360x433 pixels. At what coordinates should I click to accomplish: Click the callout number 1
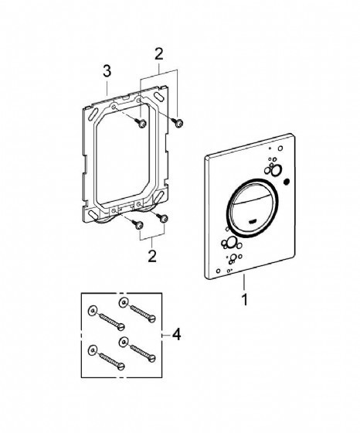pyautogui.click(x=244, y=299)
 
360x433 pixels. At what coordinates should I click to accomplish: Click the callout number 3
pyautogui.click(x=107, y=71)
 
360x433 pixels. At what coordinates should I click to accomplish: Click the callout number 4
pyautogui.click(x=176, y=335)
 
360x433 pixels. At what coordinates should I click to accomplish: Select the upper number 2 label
pyautogui.click(x=158, y=54)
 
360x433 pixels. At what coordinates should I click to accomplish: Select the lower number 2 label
pyautogui.click(x=152, y=256)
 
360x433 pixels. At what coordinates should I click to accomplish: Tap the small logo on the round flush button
pyautogui.click(x=253, y=221)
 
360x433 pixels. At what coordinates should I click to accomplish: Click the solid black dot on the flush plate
pyautogui.click(x=287, y=182)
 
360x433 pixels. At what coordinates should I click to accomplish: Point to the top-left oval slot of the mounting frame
pyautogui.click(x=93, y=114)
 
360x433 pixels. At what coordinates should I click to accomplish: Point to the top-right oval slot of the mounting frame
pyautogui.click(x=159, y=97)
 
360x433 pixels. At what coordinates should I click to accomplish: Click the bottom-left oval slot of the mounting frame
pyautogui.click(x=93, y=215)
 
